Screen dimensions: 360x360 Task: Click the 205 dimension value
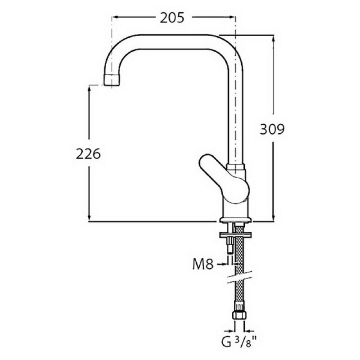pyautogui.click(x=172, y=18)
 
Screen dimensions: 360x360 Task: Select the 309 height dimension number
pyautogui.click(x=272, y=129)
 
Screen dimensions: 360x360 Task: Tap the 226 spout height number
pyautogui.click(x=88, y=154)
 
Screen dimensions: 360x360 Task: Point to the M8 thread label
pyautogui.click(x=203, y=264)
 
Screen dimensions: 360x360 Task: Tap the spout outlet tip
pyautogui.click(x=112, y=80)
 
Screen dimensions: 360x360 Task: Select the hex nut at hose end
pyautogui.click(x=239, y=315)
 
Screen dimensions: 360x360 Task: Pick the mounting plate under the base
pyautogui.click(x=235, y=235)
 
